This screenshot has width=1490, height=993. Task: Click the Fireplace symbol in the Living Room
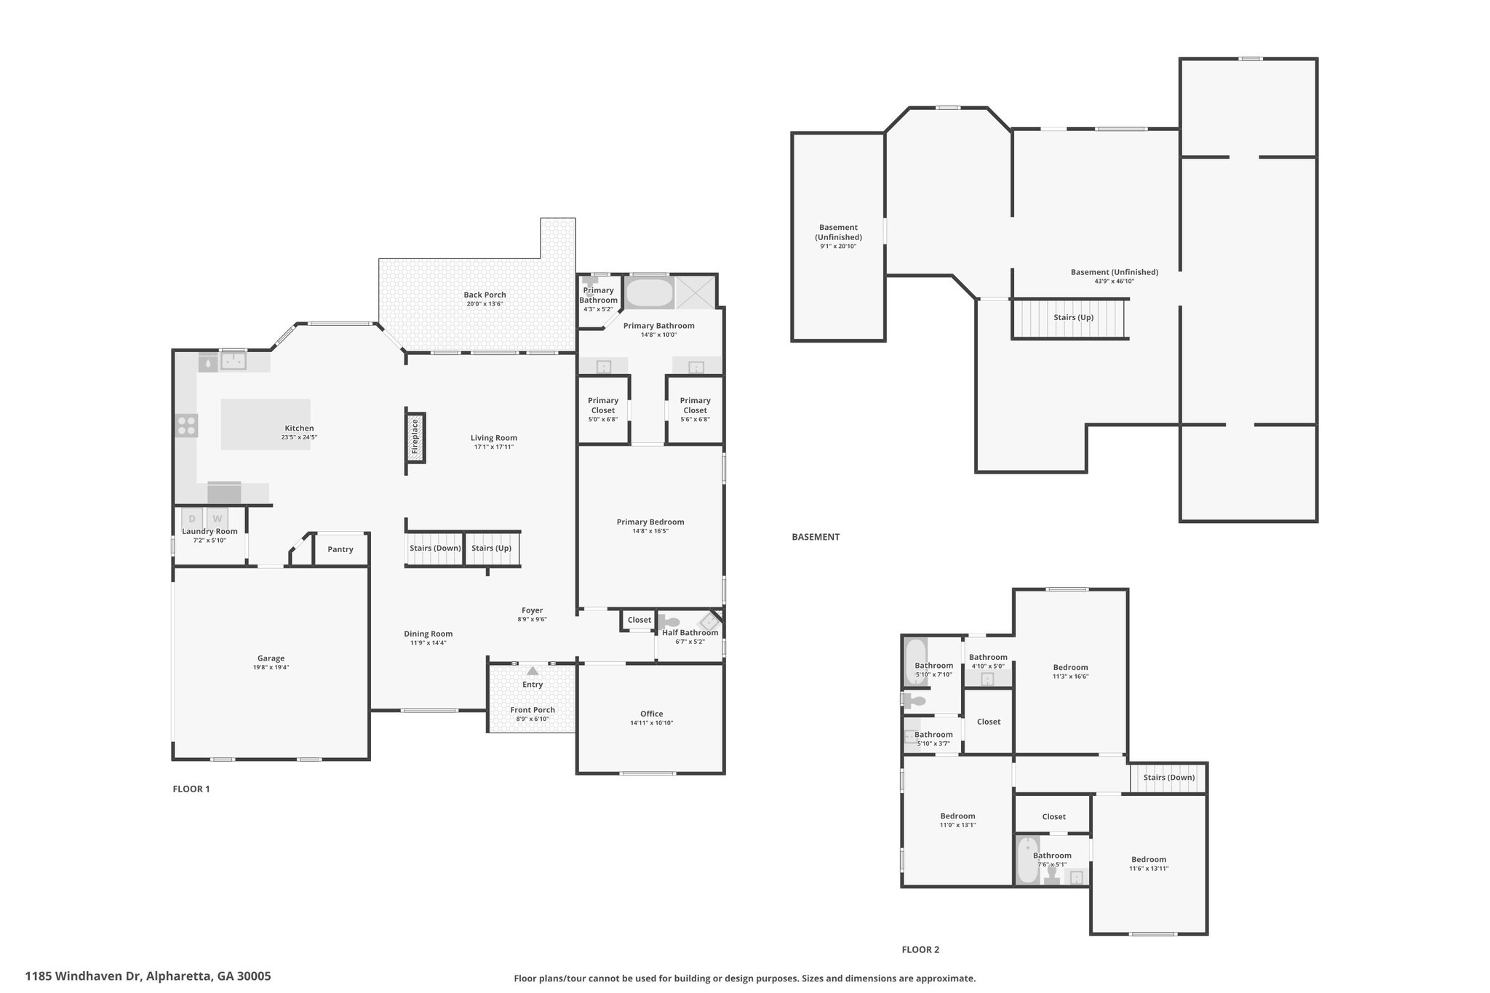click(415, 437)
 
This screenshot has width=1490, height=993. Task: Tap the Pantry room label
click(340, 549)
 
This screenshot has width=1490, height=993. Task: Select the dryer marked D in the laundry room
click(192, 519)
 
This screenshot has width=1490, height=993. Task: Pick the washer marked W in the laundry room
click(217, 519)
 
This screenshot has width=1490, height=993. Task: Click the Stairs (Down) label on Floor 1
click(435, 548)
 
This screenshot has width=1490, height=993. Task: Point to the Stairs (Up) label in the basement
click(1073, 317)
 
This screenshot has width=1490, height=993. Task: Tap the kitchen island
click(266, 423)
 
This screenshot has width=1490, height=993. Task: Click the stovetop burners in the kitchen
click(186, 425)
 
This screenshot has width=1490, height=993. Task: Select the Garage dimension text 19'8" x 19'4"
click(271, 667)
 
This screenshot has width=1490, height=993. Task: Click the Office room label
click(652, 714)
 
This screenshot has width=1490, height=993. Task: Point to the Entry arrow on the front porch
click(533, 671)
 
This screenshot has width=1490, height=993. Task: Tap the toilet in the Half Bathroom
click(669, 622)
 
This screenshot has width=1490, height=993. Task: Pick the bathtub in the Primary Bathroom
click(650, 292)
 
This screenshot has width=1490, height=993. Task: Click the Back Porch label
click(485, 295)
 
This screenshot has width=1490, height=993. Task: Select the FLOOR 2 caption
click(920, 949)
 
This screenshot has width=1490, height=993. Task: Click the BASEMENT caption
click(816, 537)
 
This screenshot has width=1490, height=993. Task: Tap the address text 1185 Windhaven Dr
click(84, 976)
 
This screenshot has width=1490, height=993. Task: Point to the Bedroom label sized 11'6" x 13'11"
click(1149, 859)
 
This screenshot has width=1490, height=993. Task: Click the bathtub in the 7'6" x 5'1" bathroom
click(1027, 860)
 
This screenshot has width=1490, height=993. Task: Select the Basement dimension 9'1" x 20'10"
click(838, 246)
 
